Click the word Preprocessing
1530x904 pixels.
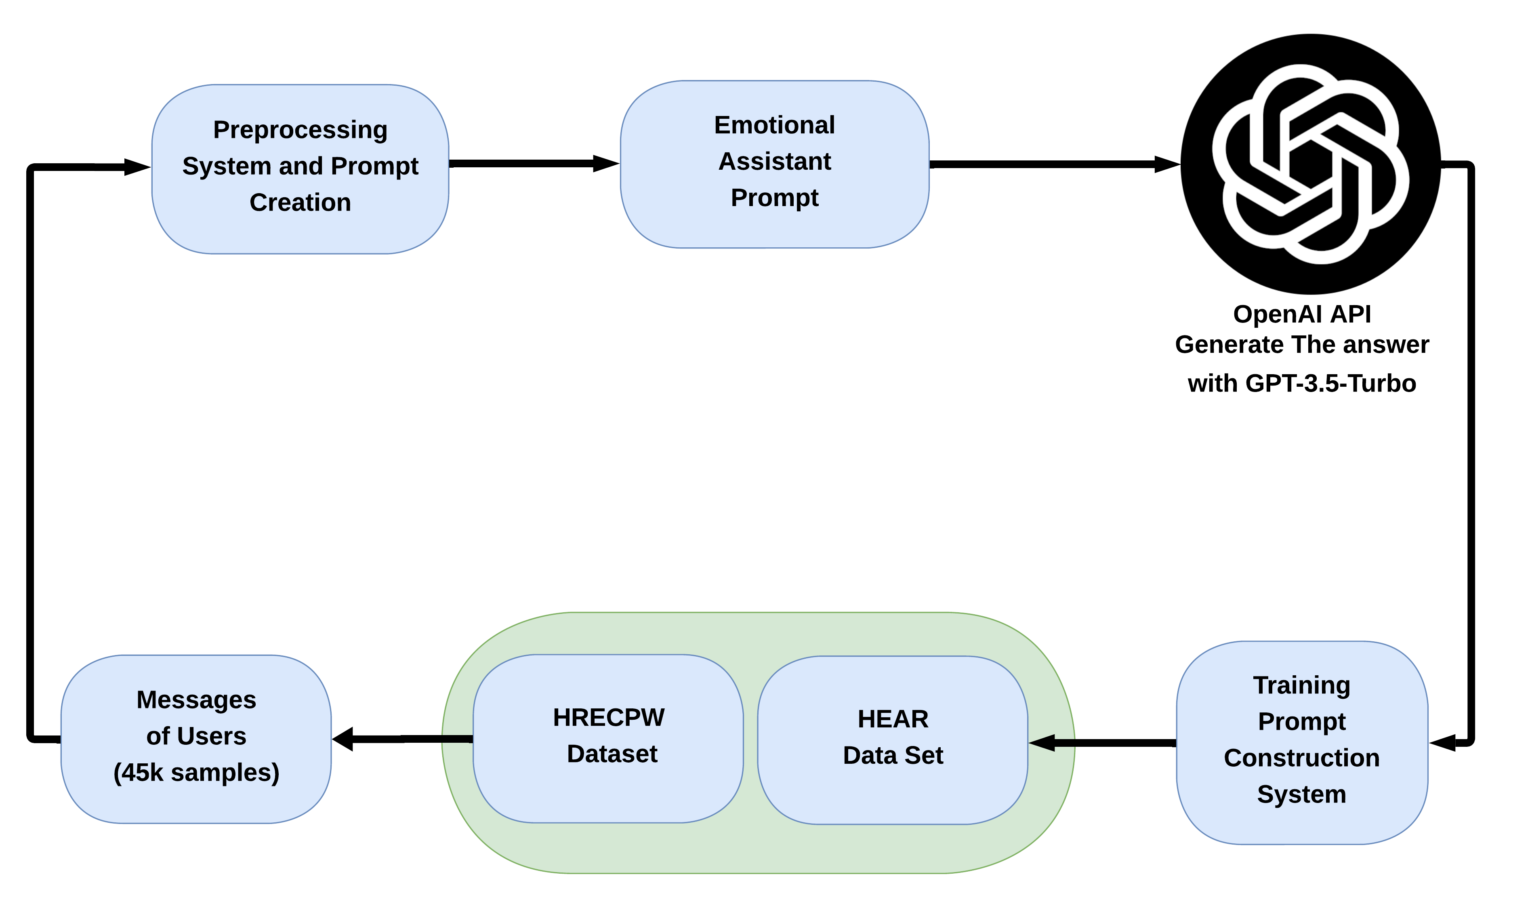300,130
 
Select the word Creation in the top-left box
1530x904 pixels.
300,202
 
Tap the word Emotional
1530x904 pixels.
774,125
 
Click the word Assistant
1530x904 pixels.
774,161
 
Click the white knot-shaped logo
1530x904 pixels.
1310,164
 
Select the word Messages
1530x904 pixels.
196,700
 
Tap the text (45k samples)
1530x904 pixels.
196,772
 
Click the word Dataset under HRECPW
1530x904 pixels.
612,754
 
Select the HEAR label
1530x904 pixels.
893,719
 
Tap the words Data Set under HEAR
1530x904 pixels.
893,755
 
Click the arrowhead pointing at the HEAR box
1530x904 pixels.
1042,743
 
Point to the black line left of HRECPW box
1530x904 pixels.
457,739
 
